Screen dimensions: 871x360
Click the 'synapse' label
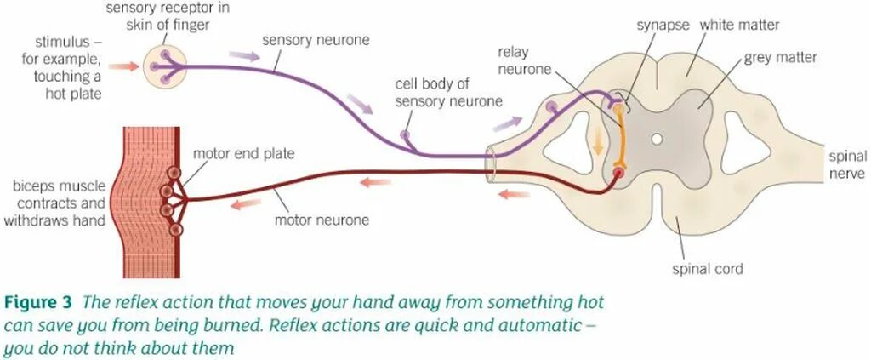[x=663, y=25]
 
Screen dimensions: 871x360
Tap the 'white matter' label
[x=739, y=25]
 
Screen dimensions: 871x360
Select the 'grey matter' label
[x=780, y=58]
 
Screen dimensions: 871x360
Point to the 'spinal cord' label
[x=708, y=269]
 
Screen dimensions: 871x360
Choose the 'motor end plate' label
[x=243, y=154]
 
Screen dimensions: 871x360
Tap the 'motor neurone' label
[x=322, y=220]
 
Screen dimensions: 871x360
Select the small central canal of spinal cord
[x=657, y=138]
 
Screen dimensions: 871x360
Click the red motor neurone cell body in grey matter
[x=618, y=173]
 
